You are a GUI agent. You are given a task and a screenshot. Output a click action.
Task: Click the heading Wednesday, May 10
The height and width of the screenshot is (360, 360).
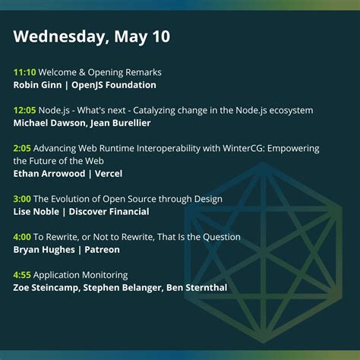click(92, 36)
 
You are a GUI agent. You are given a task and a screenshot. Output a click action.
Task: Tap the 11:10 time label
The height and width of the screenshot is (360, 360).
click(24, 72)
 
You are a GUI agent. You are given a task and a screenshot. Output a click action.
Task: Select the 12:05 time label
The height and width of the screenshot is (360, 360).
click(24, 110)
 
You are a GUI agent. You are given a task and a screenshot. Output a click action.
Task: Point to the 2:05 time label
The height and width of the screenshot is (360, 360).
click(22, 148)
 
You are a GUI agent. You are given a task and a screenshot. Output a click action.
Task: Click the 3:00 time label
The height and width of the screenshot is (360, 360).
click(22, 199)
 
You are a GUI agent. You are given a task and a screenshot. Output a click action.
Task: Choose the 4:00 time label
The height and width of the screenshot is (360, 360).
click(22, 237)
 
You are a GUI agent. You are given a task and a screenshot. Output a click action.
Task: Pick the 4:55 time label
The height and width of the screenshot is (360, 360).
click(22, 275)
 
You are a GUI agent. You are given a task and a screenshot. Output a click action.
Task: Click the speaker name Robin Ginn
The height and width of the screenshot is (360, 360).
click(39, 85)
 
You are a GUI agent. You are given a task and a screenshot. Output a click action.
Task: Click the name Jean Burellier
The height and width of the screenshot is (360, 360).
click(124, 123)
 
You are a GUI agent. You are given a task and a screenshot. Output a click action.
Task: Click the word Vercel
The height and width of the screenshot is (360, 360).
click(109, 174)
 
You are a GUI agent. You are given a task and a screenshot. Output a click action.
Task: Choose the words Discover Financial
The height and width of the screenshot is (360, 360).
click(112, 212)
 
